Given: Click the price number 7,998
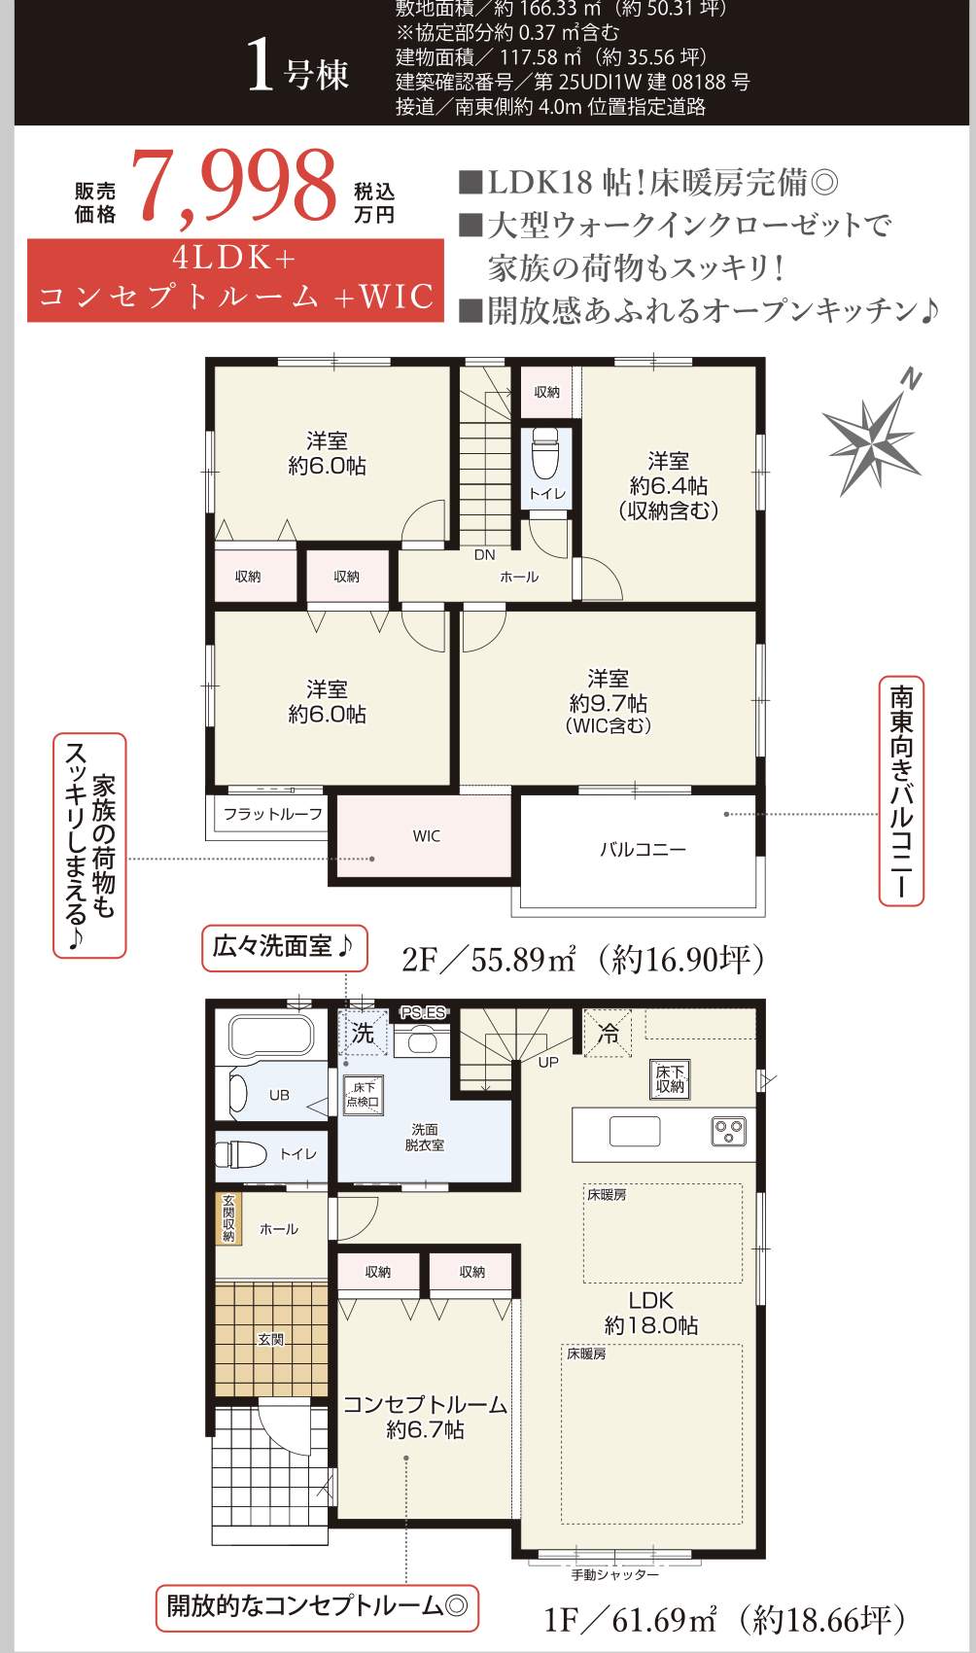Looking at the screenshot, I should click(239, 186).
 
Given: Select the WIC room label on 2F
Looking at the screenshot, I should click(426, 836).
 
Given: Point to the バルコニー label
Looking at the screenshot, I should click(642, 849).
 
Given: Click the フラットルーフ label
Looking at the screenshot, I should click(272, 814).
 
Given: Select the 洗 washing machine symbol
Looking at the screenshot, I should click(363, 1033).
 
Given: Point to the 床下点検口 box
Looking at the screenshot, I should click(364, 1095).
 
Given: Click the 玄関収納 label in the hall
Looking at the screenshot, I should click(228, 1217).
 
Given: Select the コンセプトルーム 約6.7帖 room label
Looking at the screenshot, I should click(425, 1417).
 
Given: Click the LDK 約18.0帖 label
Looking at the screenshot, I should click(650, 1313).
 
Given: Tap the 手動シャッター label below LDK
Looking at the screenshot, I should click(614, 1574).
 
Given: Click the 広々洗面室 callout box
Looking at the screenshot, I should click(284, 947).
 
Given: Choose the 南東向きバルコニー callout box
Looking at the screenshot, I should click(901, 791).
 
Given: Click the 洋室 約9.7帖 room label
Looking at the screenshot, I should click(608, 700).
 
